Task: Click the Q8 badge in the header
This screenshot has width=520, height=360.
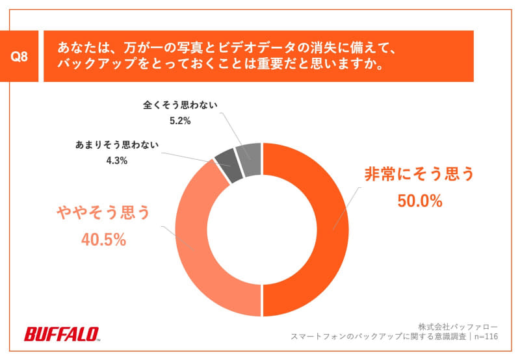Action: click(x=20, y=57)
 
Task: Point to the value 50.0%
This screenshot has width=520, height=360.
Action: click(x=419, y=201)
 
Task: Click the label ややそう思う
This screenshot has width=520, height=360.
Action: click(x=103, y=212)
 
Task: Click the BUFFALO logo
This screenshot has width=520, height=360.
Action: click(x=61, y=334)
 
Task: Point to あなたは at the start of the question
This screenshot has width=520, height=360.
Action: click(x=79, y=47)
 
